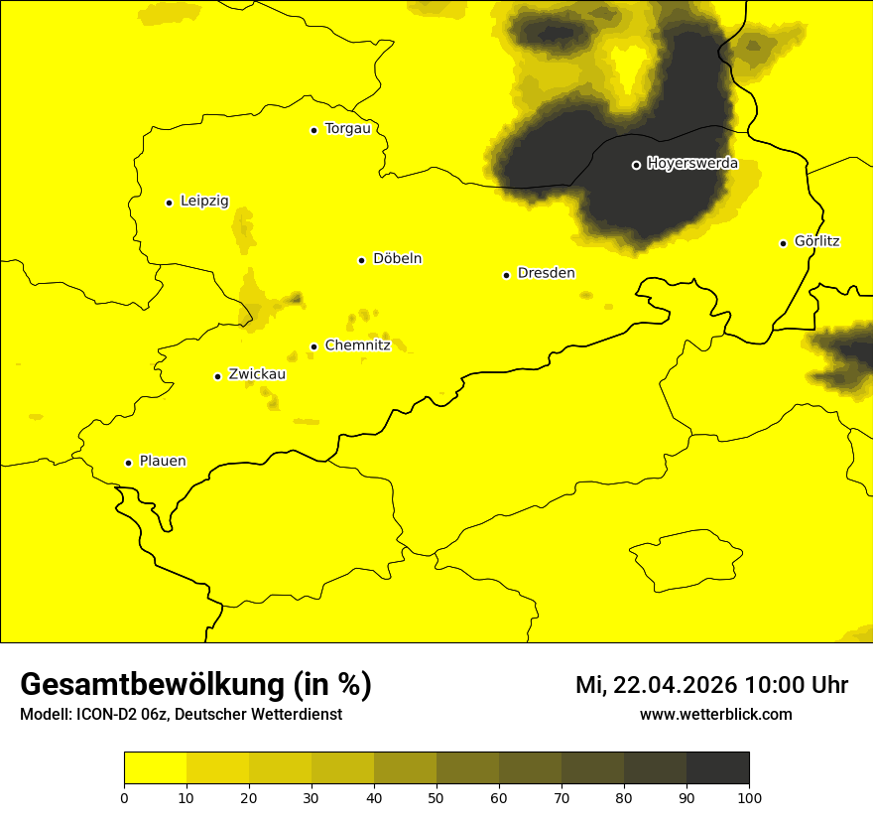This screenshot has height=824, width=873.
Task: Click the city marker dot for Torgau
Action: coord(313,130)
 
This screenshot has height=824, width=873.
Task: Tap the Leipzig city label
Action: coord(204,201)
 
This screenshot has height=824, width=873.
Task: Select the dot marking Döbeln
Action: coord(361,260)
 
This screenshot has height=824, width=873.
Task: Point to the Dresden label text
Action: coord(546,273)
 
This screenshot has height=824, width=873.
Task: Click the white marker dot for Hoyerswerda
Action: coord(636,165)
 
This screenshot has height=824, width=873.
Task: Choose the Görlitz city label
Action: coord(816,241)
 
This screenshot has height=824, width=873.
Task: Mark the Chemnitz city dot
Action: coord(313,346)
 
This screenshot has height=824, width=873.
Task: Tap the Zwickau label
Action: coord(257,374)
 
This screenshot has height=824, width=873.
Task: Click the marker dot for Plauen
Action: coord(128,463)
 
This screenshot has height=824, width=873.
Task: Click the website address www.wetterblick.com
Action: coord(715,714)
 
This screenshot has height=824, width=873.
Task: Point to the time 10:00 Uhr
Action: coord(796,685)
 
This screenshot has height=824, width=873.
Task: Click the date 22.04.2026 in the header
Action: coord(675,685)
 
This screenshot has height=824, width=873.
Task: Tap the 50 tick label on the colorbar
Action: coord(436,797)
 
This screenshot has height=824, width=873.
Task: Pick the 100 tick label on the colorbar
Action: coord(748,797)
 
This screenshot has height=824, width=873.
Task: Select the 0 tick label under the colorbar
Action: coord(124,797)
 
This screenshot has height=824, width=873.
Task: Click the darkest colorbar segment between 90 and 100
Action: coord(717,768)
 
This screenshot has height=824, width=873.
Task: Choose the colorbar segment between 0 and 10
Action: coord(155,768)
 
